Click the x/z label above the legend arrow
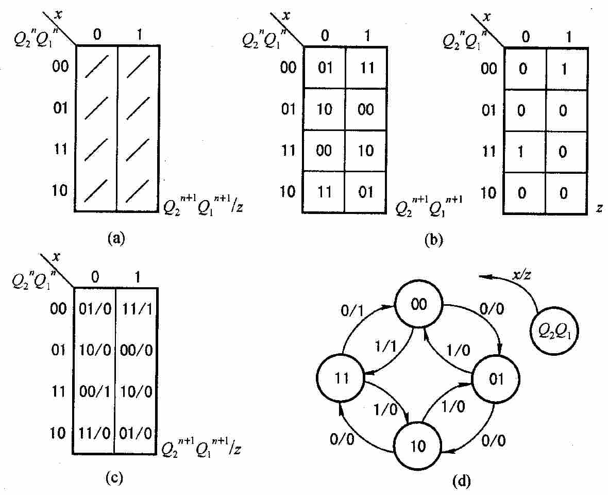pyautogui.click(x=522, y=275)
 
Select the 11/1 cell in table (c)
pyautogui.click(x=137, y=309)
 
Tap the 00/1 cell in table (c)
pyautogui.click(x=95, y=391)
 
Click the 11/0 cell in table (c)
pyautogui.click(x=95, y=433)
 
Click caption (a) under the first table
pyautogui.click(x=116, y=237)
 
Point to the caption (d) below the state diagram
pyautogui.click(x=462, y=481)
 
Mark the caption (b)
pyautogui.click(x=433, y=240)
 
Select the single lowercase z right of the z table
pyautogui.click(x=599, y=209)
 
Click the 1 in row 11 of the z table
pyautogui.click(x=520, y=151)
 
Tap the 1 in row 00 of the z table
pyautogui.click(x=565, y=69)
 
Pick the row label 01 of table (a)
pyautogui.click(x=60, y=107)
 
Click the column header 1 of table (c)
pyautogui.click(x=137, y=276)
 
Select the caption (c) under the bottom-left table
pyautogui.click(x=114, y=478)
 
